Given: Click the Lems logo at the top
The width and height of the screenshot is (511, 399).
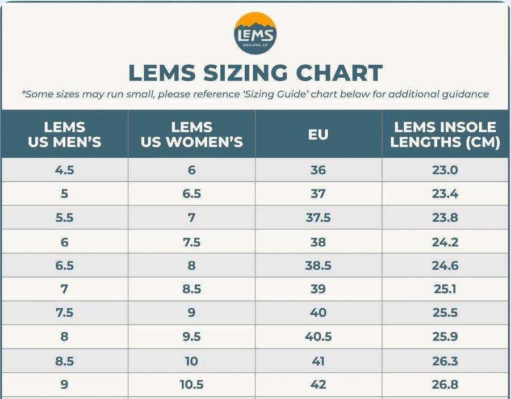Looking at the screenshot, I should coord(256,33).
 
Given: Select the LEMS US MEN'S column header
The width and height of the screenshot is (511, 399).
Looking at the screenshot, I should coord(64,135).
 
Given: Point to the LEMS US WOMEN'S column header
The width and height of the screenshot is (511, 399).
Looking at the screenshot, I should coord(191,135).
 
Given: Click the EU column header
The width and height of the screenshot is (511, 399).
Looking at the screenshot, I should coord(319,135).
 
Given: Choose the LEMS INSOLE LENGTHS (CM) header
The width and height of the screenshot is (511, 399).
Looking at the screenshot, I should coord(445,135).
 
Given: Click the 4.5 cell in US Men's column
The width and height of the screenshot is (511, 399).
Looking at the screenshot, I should coord(64,170).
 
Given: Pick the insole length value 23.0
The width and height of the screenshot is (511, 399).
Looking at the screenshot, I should coord(445,170).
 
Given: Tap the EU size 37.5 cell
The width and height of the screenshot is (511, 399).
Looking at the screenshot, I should coord(319,217).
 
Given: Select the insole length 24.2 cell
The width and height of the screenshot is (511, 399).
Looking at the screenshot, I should coord(445,241).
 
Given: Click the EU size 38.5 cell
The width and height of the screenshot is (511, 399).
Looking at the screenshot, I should coord(319,265).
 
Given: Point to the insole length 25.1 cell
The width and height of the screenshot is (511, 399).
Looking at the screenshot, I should coord(445,289).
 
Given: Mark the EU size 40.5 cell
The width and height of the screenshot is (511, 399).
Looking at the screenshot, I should coord(319,337).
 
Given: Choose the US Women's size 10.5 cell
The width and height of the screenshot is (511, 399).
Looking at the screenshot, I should coord(191,384).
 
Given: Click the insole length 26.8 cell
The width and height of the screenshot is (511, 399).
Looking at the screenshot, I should coord(445,384).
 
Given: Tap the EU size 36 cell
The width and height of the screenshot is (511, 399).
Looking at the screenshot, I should coord(319,170).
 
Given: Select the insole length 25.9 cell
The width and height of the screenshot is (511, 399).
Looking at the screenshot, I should coord(445,337).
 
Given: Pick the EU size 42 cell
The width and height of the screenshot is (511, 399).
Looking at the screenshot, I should coord(319,384).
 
